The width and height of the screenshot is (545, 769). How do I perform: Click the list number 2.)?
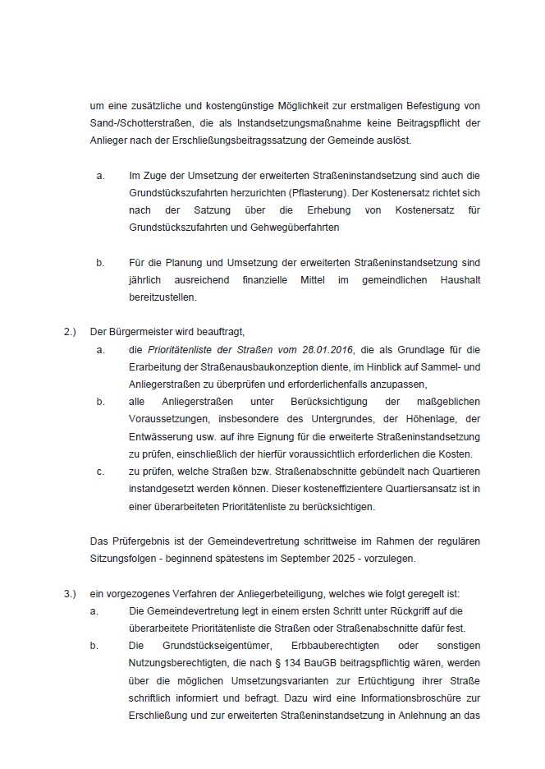pos(70,332)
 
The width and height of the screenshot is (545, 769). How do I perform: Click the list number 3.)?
pos(70,593)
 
